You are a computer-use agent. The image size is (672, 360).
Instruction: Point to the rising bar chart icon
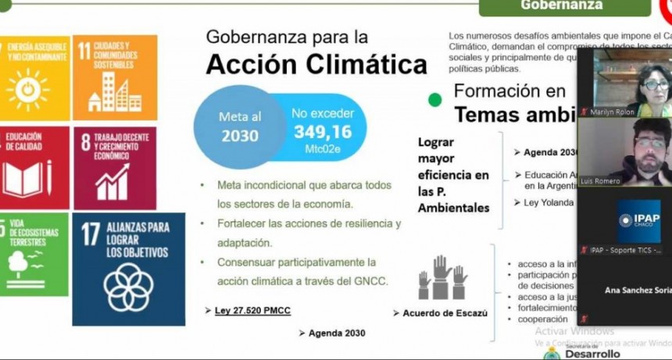[x=113, y=181]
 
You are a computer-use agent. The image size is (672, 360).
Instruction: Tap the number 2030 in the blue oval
[x=239, y=135]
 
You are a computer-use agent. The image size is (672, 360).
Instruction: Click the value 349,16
[x=323, y=131]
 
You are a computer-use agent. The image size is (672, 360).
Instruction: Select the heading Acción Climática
[x=316, y=66]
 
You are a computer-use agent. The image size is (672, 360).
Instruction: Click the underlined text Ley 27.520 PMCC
[x=252, y=311]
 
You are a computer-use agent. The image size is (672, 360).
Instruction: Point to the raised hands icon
[x=442, y=277]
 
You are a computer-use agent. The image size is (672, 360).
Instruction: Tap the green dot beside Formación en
[x=435, y=100]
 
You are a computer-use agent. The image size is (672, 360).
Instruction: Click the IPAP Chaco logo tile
[x=638, y=220]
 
